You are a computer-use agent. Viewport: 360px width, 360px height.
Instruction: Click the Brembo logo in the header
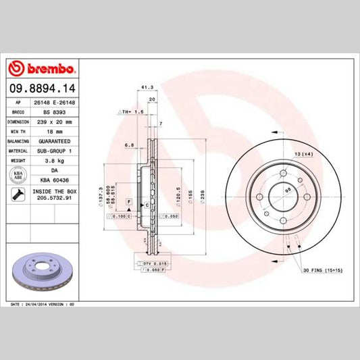[x=43, y=68]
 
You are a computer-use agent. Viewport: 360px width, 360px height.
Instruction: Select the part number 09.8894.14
[x=43, y=88]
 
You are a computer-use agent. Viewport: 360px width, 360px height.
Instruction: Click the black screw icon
[x=19, y=196]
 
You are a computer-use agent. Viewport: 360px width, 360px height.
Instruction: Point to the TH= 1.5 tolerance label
[x=132, y=111]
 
